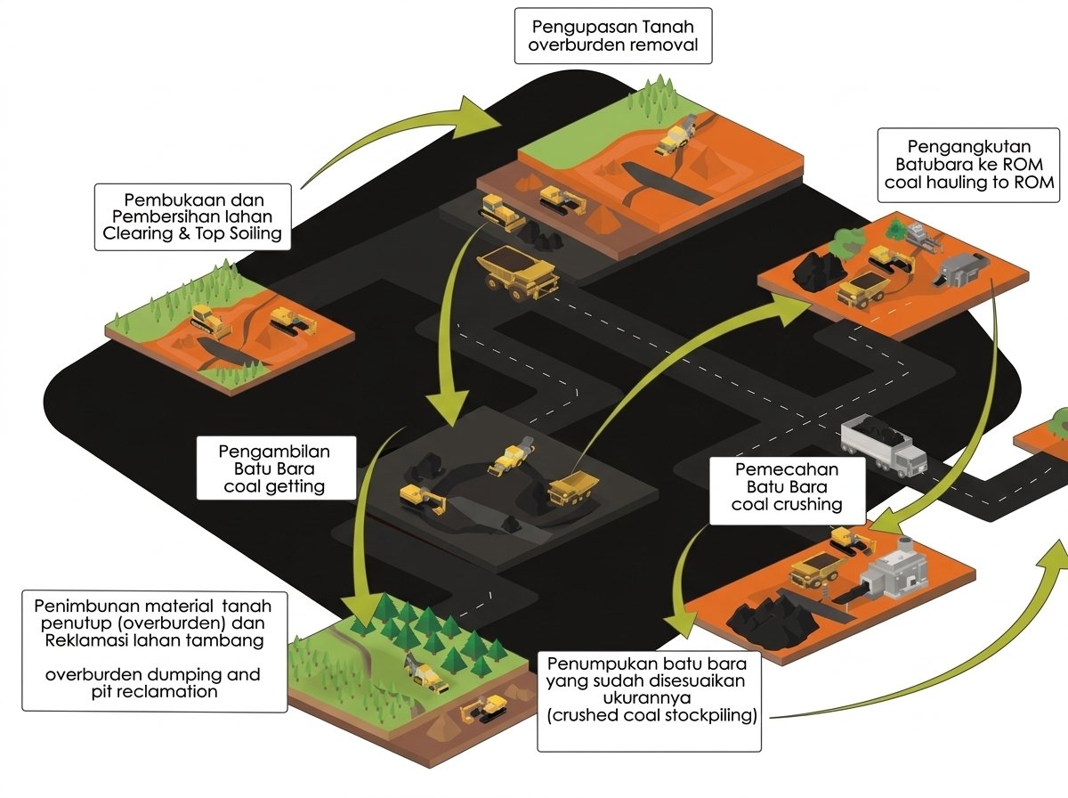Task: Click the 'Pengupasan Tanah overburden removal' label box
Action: pos(613,36)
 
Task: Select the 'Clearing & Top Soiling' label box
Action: pos(192,216)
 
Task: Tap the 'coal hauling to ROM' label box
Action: pos(968,165)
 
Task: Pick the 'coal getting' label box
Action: pos(276,468)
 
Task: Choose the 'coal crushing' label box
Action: pos(788,491)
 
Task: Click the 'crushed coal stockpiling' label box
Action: pos(649,702)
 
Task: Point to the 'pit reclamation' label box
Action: pos(154,651)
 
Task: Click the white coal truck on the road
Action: pos(883,445)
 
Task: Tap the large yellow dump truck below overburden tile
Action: pos(518,273)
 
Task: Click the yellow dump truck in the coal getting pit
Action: pos(572,488)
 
